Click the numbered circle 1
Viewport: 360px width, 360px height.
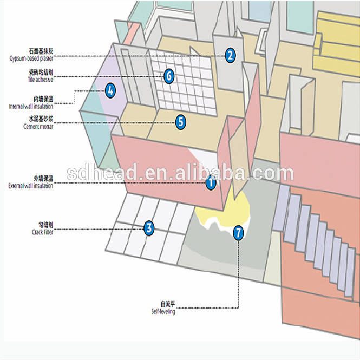point(210,183)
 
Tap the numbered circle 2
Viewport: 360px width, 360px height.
point(230,55)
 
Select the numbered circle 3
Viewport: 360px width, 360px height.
point(149,228)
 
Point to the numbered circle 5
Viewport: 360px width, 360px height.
point(180,122)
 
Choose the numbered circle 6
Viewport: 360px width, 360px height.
point(168,76)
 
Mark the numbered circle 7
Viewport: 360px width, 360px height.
point(238,233)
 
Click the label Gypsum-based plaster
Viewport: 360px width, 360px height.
point(30,58)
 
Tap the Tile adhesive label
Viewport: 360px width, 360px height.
point(38,78)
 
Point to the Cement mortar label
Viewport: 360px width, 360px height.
point(38,126)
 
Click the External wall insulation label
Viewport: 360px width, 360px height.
point(30,186)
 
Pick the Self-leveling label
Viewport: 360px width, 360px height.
point(163,311)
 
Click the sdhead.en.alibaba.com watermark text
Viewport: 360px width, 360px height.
point(180,173)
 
